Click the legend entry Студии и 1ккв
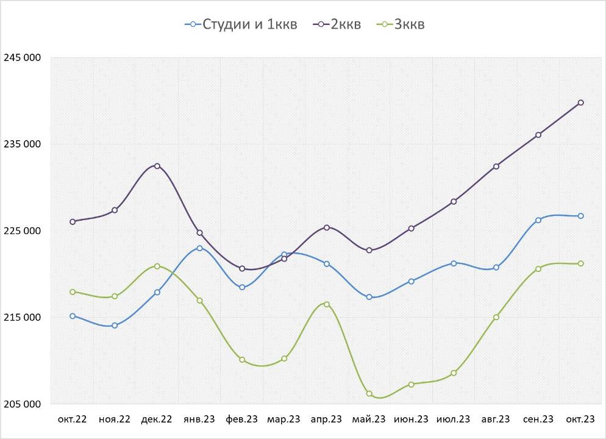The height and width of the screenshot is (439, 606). pos(241,24)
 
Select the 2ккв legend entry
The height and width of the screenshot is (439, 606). pos(337,24)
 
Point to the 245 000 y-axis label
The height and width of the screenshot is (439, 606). pos(22,58)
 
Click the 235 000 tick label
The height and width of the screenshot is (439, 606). pos(22,145)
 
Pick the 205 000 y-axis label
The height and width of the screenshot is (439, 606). pos(22,404)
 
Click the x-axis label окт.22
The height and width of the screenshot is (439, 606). pos(73,419)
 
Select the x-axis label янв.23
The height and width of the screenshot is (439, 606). pos(199,419)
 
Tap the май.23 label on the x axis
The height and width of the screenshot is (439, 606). pos(369,419)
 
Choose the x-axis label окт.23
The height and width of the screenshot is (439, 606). pos(580,419)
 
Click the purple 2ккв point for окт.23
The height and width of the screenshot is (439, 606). pos(581,102)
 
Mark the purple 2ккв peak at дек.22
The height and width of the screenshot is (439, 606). pos(157,166)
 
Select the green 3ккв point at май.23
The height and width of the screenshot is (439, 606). pos(369,394)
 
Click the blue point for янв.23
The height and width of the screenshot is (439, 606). pos(199,248)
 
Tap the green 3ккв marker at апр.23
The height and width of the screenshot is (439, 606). pos(327,304)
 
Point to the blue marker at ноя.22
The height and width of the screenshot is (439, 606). pos(115,326)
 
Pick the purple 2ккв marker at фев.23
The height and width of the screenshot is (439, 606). pos(242,269)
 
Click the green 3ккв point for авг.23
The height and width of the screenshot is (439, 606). pos(496,317)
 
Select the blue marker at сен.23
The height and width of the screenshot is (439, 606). pos(538,220)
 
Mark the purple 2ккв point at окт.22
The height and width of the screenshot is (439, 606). pos(73,222)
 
